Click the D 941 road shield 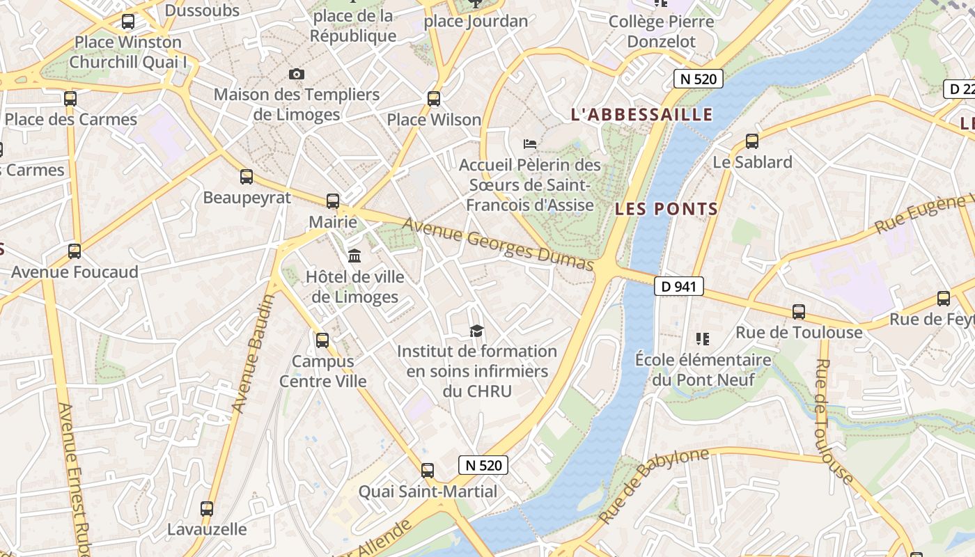(x=678, y=286)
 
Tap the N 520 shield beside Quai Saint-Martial (x=483, y=465)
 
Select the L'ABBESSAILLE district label (x=641, y=115)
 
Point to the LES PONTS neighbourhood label (x=666, y=209)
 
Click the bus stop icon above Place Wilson (x=434, y=99)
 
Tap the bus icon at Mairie (x=333, y=201)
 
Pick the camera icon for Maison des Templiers (x=297, y=74)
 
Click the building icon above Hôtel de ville (x=354, y=256)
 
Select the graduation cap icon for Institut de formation (x=476, y=331)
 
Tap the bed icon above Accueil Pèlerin (x=530, y=144)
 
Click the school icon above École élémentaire (x=702, y=339)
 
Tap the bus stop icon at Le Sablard (x=752, y=141)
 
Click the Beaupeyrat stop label (x=247, y=198)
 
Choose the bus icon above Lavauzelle (x=207, y=509)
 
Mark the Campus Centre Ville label (x=323, y=371)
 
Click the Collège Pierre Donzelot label (x=661, y=31)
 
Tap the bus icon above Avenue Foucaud (x=75, y=251)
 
